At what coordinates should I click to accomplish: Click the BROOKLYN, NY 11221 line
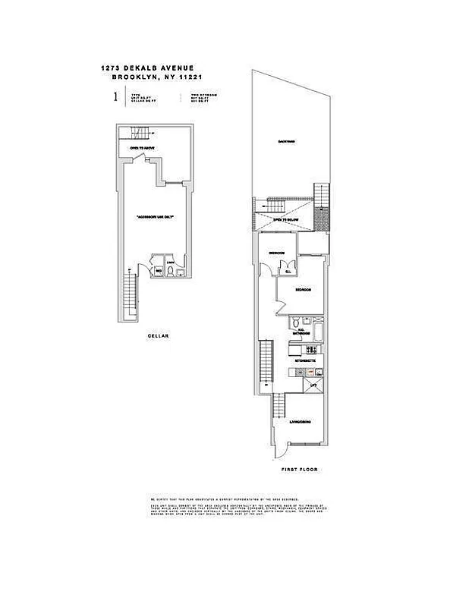(162, 77)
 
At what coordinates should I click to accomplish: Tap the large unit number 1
(115, 96)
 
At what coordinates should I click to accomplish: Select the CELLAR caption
(158, 335)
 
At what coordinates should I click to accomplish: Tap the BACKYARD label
(286, 142)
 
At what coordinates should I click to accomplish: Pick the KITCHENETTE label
(305, 357)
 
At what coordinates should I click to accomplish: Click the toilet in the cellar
(172, 269)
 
